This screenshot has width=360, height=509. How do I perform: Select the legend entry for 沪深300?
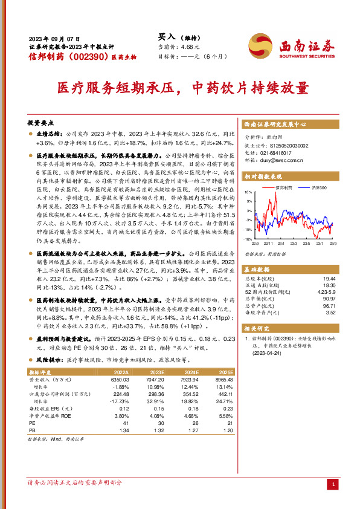tap(317, 188)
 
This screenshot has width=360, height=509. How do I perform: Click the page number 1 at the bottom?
tap(334, 484)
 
